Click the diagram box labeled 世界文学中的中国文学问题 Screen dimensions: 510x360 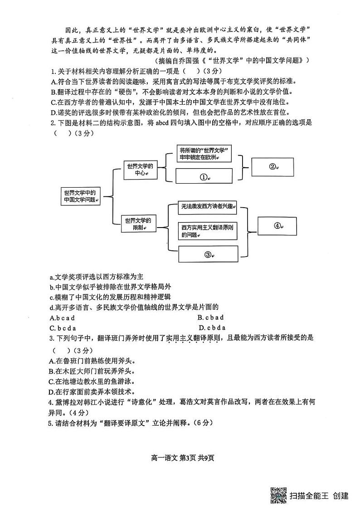pos(80,196)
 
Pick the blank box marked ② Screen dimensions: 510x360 pos(273,166)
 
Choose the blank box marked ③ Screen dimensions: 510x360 pos(208,254)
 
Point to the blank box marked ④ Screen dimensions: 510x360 pos(278,226)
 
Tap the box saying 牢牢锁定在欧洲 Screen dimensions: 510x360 pos(204,154)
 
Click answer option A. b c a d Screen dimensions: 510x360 pos(62,317)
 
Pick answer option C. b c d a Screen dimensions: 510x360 pos(63,328)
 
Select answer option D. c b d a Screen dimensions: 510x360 pos(212,328)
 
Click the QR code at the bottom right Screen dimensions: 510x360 pos(278,495)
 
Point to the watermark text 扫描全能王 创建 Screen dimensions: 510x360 pos(319,496)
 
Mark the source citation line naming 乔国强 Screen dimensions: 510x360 pos(232,60)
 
